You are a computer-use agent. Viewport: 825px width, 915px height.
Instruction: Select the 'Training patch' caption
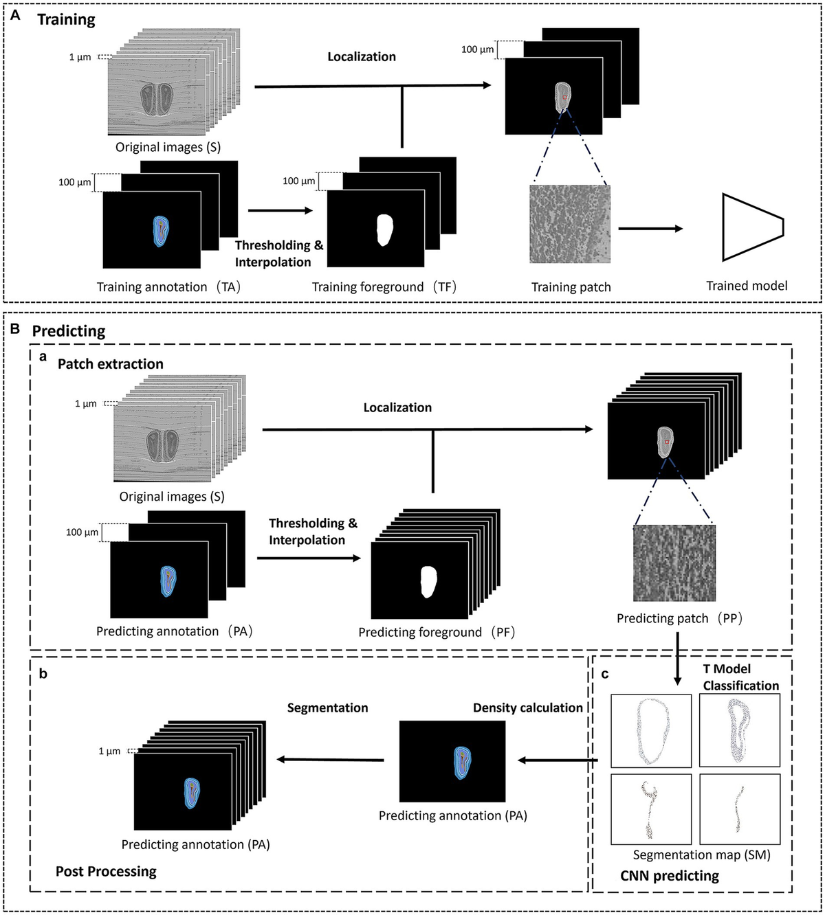tap(571, 287)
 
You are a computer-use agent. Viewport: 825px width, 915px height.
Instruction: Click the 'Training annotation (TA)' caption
tap(168, 287)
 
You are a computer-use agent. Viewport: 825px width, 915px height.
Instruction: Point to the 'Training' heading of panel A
tap(66, 19)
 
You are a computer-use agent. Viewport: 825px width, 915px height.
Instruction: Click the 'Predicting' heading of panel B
tap(69, 330)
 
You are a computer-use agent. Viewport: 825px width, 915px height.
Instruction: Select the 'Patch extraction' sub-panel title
tap(111, 364)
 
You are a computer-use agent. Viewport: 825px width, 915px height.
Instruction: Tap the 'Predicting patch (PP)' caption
tap(679, 618)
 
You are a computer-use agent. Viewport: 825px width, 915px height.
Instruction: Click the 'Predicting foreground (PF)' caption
tap(436, 632)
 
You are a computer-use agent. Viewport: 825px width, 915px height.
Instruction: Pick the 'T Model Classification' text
tap(740, 677)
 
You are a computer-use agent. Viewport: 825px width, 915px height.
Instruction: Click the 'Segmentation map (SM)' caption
tap(701, 855)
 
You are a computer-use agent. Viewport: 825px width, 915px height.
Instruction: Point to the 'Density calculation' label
tap(527, 708)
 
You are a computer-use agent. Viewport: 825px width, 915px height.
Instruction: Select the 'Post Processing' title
tap(106, 872)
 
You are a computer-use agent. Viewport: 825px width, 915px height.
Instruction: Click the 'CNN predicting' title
tap(669, 876)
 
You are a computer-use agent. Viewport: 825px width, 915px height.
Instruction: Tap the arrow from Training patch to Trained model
tap(650, 229)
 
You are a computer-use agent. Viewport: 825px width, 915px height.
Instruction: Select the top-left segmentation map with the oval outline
tap(650, 731)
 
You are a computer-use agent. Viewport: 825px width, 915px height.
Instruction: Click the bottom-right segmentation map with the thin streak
tap(740, 809)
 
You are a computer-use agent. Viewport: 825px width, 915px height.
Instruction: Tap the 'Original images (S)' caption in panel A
tap(168, 147)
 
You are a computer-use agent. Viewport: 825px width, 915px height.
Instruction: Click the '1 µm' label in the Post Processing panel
tap(109, 752)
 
